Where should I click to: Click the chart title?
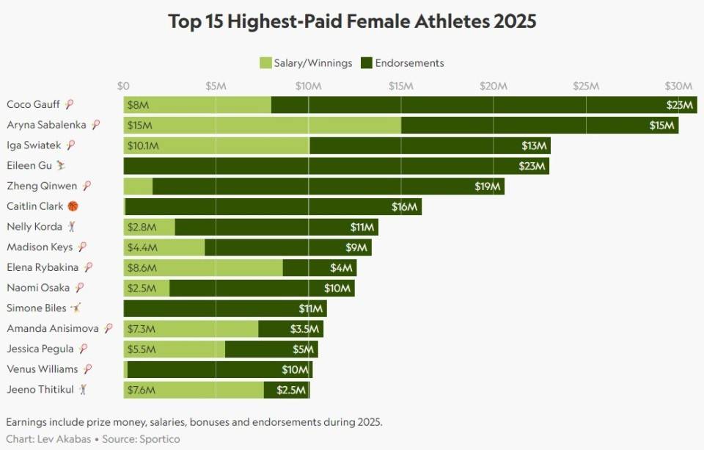tap(352, 21)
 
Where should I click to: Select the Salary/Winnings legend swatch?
tap(265, 63)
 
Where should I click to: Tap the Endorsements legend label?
tap(409, 63)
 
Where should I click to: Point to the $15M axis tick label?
tap(400, 86)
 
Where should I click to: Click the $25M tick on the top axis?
tap(585, 86)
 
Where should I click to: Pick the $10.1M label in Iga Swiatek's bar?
tap(143, 146)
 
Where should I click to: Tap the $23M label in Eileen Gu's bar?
tap(532, 166)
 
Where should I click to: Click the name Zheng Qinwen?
tap(43, 186)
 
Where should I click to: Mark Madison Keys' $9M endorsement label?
tap(356, 247)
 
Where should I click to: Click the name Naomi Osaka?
tap(38, 288)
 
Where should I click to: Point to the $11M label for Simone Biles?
tap(310, 308)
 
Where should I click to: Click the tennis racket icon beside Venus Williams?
tap(88, 369)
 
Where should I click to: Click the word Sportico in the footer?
tap(159, 439)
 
